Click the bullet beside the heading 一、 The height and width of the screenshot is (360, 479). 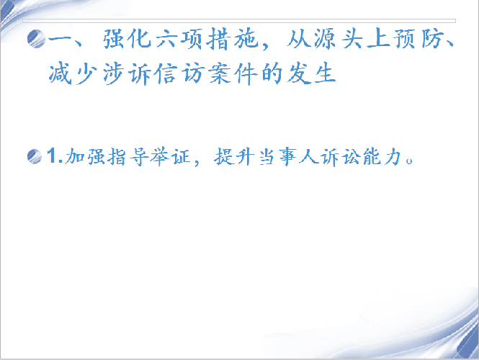coord(36,39)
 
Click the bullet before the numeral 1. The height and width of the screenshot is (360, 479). coord(35,156)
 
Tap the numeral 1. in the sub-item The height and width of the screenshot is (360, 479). coord(55,156)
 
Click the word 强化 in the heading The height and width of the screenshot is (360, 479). coord(127,39)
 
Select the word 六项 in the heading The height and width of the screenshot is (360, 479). coord(179,39)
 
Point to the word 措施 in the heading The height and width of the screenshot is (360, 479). coord(233,39)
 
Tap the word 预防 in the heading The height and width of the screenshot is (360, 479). coord(418,39)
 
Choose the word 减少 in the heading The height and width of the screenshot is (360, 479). coord(73,73)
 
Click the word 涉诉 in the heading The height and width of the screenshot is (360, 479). coord(127,73)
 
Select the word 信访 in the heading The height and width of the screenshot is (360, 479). coord(179,73)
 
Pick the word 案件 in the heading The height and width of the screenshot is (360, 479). coord(233,73)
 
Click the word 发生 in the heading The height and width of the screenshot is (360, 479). coord(311,73)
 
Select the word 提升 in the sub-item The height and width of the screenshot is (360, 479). coord(234,157)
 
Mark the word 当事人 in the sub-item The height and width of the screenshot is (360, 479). coord(289,157)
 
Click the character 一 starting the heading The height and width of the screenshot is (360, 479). coord(61,39)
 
